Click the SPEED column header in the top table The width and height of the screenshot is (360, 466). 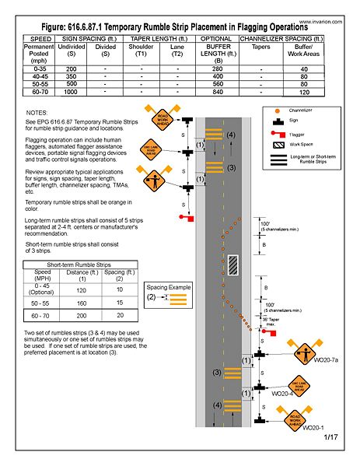pos(37,37)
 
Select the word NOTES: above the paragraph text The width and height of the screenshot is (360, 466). pos(37,113)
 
